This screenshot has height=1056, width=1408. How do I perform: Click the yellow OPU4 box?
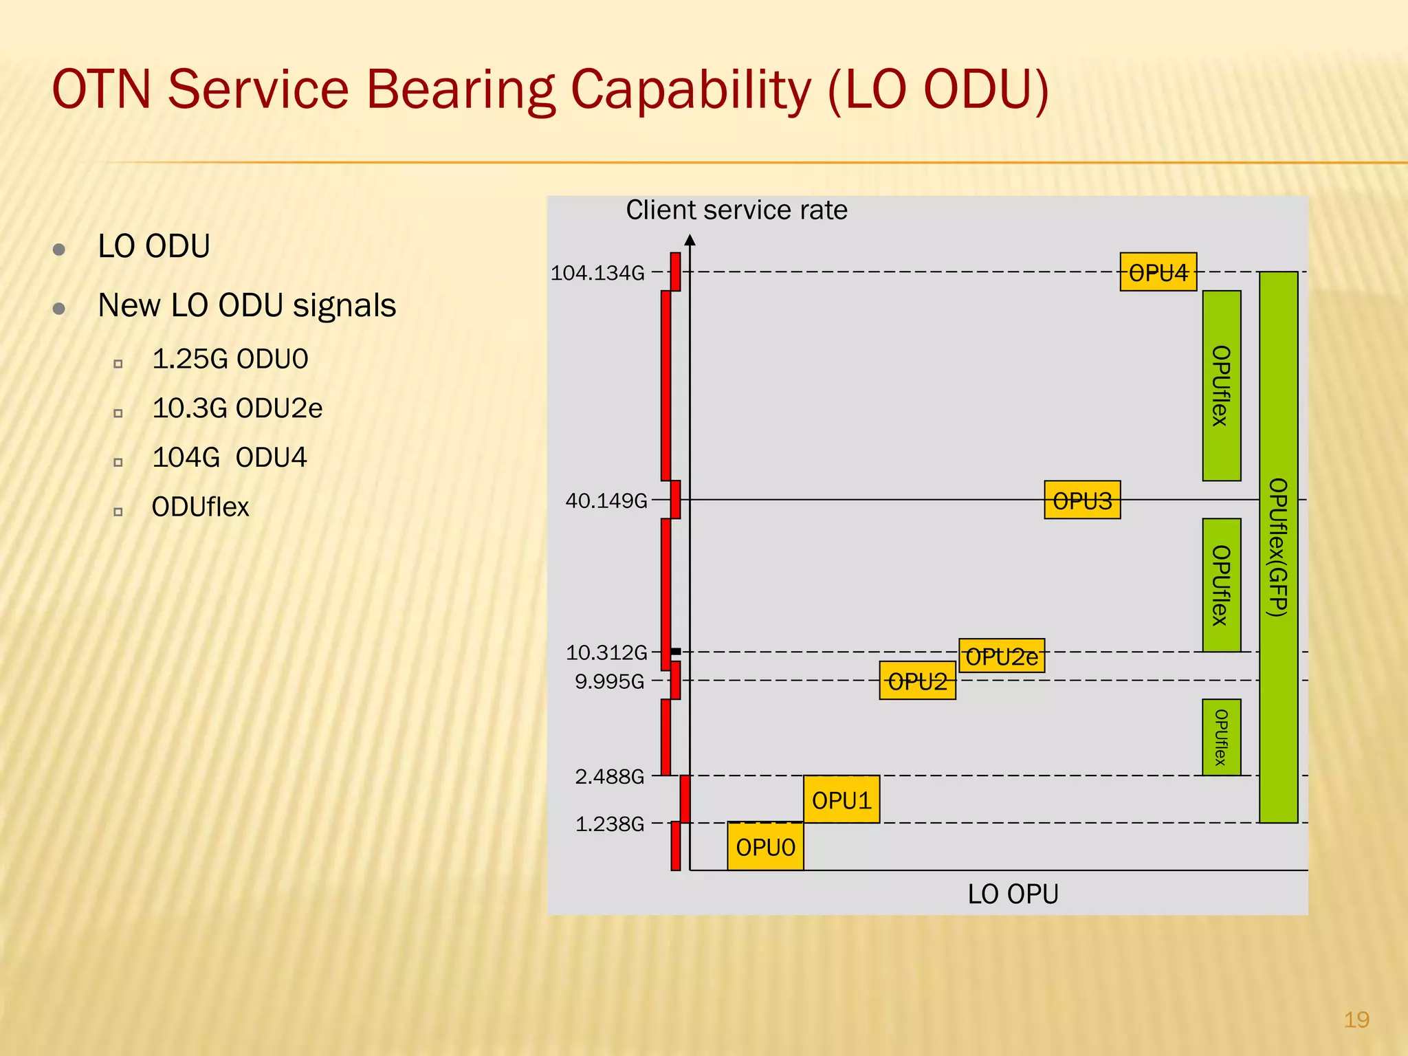coord(1158,272)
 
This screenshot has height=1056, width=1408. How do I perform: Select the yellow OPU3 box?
coord(1081,500)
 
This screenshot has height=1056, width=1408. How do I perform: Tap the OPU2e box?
coord(1001,656)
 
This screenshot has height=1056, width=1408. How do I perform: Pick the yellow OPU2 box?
coord(917,681)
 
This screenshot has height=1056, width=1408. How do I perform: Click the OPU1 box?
coord(841,800)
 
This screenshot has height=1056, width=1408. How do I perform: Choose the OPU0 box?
coord(765,846)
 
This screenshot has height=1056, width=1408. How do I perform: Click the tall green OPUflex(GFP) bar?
coord(1278,547)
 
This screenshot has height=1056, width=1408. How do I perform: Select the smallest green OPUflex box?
coord(1221,737)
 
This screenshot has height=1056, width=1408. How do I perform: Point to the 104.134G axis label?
coord(597,274)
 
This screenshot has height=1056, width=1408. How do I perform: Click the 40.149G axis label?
coord(606,500)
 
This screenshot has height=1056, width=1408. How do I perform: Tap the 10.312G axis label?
coord(606,652)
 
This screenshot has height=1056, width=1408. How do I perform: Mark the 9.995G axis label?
coord(609,681)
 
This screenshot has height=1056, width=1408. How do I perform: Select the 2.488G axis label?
coord(609,777)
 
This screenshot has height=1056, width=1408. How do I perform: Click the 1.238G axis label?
coord(609,824)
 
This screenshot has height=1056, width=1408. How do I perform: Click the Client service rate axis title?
coord(736,210)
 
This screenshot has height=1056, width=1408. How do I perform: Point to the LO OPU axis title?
coord(1013,894)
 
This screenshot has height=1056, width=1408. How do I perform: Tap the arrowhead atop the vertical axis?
coord(690,240)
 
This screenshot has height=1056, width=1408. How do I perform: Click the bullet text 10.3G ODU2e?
coord(237,408)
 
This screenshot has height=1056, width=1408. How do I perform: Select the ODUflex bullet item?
coord(200,507)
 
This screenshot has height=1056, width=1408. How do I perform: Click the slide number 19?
coord(1356,1019)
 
